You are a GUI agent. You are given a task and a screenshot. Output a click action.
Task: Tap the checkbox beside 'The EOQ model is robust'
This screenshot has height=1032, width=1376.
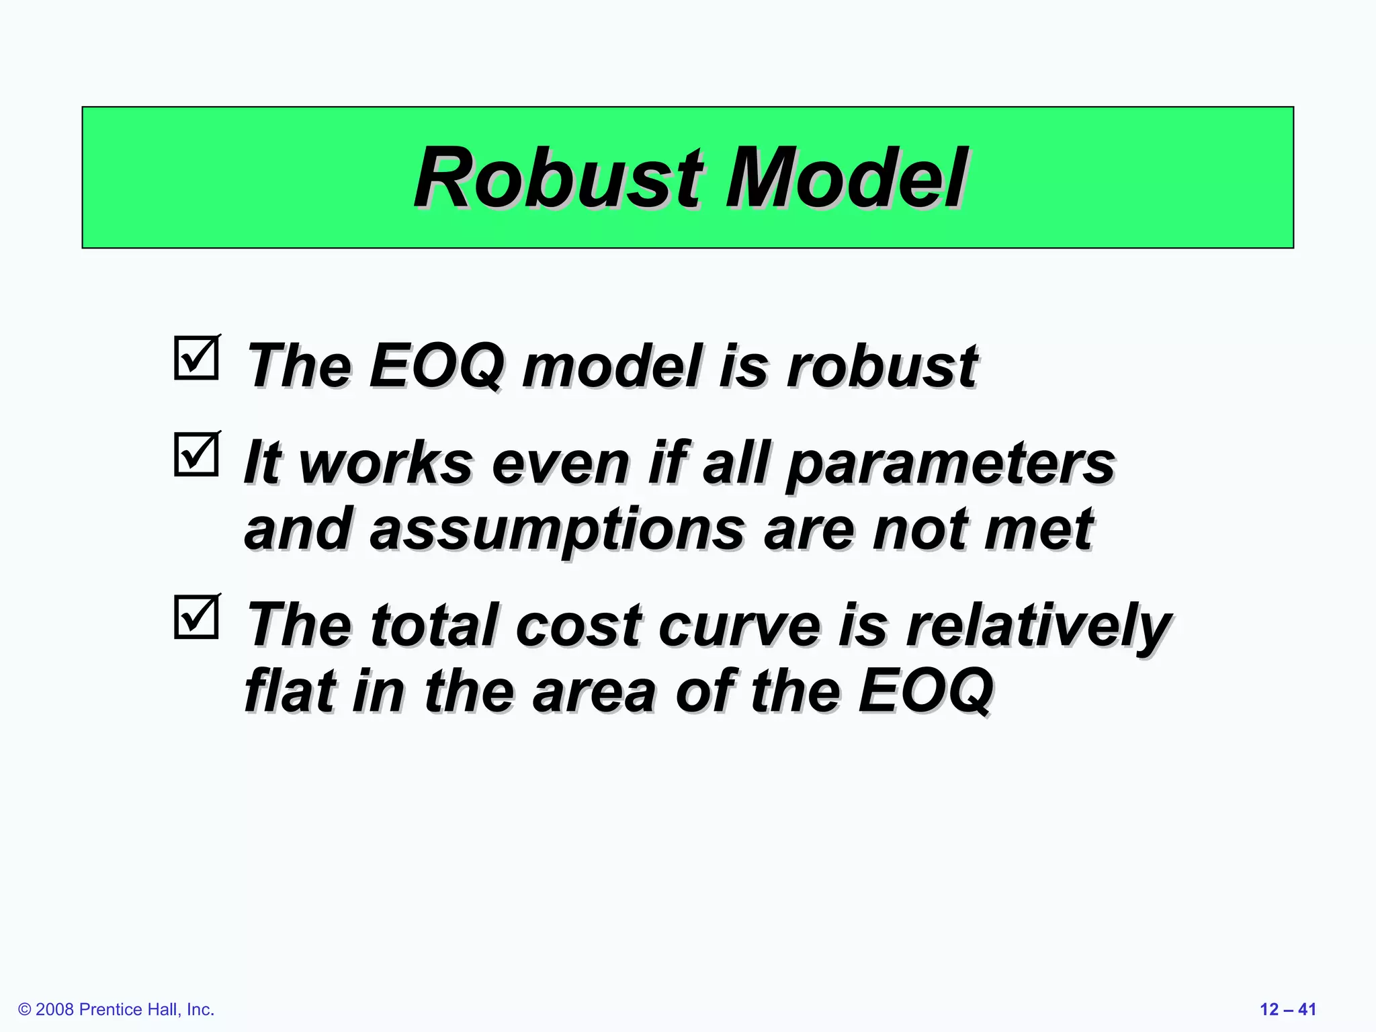pyautogui.click(x=196, y=357)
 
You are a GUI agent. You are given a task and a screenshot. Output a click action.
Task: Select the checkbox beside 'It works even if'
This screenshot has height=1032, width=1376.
pyautogui.click(x=196, y=454)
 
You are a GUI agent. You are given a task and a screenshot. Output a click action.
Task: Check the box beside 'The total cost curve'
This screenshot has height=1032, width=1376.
pyautogui.click(x=196, y=616)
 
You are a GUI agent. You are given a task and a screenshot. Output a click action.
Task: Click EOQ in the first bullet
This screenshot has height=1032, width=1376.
pyautogui.click(x=436, y=366)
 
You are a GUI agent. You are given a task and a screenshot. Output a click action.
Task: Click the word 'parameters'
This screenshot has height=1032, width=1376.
pyautogui.click(x=950, y=464)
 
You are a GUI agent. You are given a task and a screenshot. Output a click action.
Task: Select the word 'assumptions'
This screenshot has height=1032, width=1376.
pyautogui.click(x=557, y=529)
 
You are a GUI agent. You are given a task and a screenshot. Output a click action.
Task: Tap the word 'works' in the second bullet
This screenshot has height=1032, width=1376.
pyautogui.click(x=386, y=464)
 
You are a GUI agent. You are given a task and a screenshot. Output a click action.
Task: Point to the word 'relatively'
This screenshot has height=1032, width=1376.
pyautogui.click(x=1038, y=626)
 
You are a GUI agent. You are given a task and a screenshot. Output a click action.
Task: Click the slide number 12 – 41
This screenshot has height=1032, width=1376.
pyautogui.click(x=1287, y=1009)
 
